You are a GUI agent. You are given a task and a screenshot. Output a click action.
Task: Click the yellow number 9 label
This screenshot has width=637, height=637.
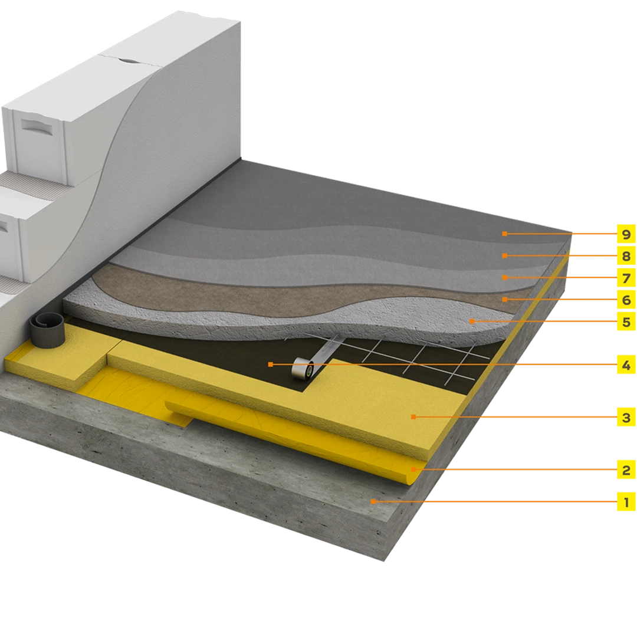point(626,234)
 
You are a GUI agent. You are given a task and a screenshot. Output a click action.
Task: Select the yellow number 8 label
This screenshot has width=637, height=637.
point(626,255)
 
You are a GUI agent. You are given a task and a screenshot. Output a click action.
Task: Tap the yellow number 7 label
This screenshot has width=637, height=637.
point(626,277)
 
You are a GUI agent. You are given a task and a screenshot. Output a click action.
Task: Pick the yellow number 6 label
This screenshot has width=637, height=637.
point(626,300)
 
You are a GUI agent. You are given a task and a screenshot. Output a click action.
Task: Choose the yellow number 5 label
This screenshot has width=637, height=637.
point(626,321)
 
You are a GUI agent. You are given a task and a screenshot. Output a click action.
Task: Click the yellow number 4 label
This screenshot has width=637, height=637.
point(626,365)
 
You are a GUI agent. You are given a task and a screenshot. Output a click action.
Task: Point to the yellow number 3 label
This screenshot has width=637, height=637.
point(626,417)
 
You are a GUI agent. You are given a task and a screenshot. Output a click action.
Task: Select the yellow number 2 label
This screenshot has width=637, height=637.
point(626,469)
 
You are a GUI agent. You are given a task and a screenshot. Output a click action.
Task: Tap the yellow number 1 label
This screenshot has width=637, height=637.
point(626,502)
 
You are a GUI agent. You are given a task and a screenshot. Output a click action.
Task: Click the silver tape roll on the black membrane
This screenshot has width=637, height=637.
point(304,368)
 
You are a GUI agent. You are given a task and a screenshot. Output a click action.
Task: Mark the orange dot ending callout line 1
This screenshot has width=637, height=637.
point(373,502)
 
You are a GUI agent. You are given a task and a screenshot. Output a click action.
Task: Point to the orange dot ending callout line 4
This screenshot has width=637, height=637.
point(271,365)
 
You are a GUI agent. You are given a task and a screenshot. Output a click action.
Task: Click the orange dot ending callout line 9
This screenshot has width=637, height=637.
point(504,234)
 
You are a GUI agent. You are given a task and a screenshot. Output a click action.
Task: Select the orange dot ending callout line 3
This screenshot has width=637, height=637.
point(413,417)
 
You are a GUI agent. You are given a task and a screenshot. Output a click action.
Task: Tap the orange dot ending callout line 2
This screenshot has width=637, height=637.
point(413,469)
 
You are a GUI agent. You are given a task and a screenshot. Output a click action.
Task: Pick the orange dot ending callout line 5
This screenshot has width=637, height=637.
point(471,321)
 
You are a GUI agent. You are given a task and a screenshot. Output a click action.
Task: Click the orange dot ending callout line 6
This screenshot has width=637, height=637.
point(504,300)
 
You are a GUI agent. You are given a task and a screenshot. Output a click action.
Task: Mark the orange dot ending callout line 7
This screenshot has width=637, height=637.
point(504,277)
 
